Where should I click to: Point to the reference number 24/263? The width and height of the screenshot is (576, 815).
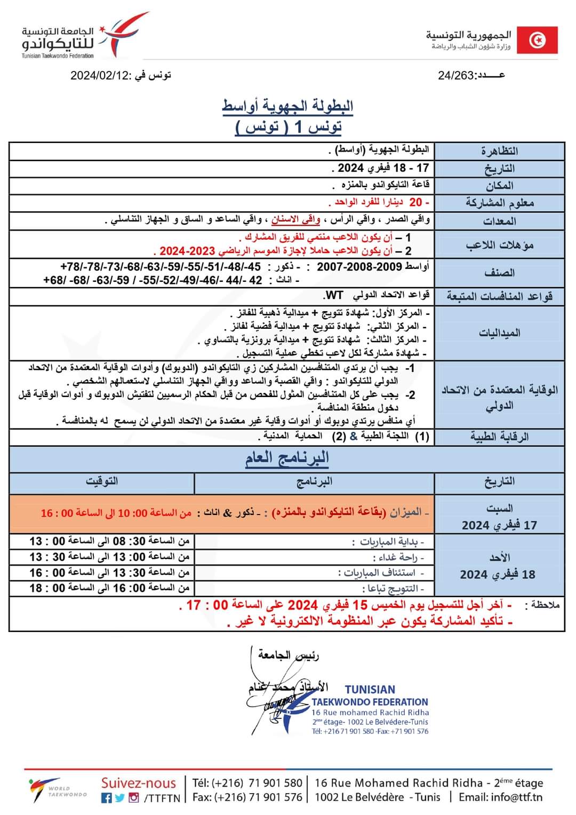[456, 75]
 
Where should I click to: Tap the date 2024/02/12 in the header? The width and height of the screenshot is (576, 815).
[100, 75]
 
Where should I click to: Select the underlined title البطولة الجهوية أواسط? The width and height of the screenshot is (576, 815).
[287, 106]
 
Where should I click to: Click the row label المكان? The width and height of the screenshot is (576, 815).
[499, 186]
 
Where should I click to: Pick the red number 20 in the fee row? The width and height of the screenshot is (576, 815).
[415, 202]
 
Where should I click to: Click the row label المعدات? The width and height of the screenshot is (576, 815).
[499, 221]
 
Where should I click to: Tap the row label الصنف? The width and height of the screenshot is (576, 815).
[499, 273]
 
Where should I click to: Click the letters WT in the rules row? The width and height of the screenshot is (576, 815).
[334, 295]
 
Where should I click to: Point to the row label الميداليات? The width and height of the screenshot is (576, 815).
[499, 333]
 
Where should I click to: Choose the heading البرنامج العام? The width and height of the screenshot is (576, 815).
[287, 458]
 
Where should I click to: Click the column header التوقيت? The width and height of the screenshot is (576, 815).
[102, 481]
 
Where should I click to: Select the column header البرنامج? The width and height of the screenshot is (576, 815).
[314, 481]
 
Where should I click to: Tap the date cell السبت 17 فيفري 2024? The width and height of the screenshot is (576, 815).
[499, 517]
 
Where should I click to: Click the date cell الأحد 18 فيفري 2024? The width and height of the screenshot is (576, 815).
[499, 566]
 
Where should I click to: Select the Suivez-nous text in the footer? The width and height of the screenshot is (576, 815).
[138, 783]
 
